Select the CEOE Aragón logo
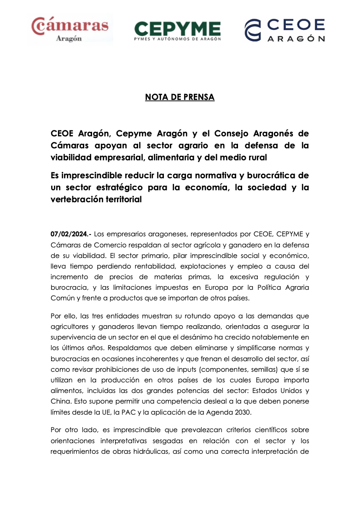point(285,30)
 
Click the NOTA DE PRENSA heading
point(180,97)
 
